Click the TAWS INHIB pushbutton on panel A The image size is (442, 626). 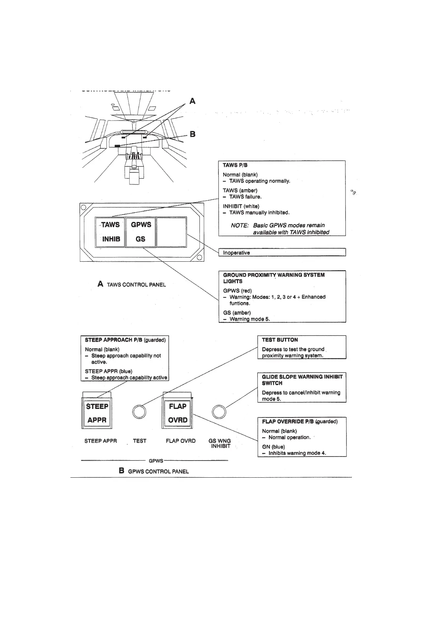coord(110,232)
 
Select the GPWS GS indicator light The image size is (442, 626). coord(141,232)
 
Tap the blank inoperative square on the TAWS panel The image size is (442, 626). coord(171,232)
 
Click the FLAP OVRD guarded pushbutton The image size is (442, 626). coord(178,413)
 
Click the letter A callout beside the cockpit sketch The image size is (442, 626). coord(192,101)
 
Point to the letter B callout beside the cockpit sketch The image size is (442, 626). coord(192,134)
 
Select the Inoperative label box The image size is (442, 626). coord(282,252)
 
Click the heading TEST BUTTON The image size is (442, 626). coord(280,340)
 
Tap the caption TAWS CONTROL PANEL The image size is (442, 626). coord(136,285)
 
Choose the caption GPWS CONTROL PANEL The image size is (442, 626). coord(158,471)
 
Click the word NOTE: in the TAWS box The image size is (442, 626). coord(240,225)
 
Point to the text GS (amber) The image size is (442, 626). coord(237,313)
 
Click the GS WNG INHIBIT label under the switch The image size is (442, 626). coord(220,443)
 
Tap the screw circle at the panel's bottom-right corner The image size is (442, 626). coord(199,258)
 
